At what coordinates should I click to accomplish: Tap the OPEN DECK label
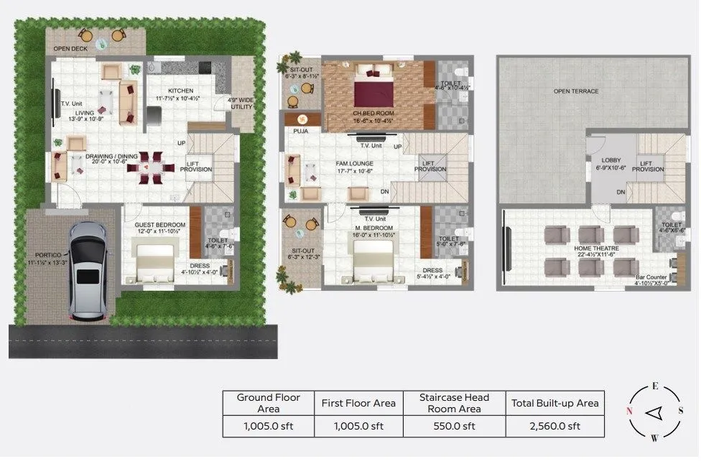(70, 49)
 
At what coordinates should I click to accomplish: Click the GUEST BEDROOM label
(160, 225)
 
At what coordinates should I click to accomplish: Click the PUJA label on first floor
(300, 131)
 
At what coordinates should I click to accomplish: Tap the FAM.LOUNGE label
(355, 164)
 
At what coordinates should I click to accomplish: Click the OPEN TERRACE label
(575, 91)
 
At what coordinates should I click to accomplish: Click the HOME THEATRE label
(593, 249)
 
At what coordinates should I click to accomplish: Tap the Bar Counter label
(651, 277)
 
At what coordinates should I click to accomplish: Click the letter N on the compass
(629, 412)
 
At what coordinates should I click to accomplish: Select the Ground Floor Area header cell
(268, 402)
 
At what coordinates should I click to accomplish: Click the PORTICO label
(46, 254)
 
